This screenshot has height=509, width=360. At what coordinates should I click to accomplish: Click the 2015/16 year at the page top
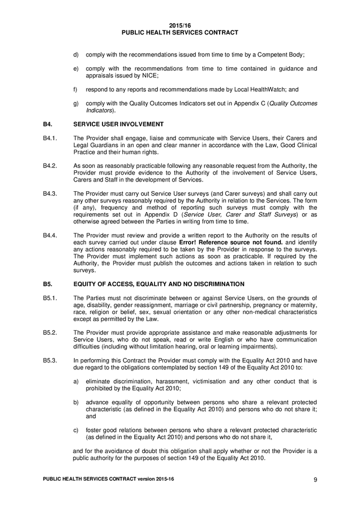click(x=179, y=25)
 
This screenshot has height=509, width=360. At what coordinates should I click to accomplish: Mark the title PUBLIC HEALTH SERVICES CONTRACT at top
click(x=179, y=33)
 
